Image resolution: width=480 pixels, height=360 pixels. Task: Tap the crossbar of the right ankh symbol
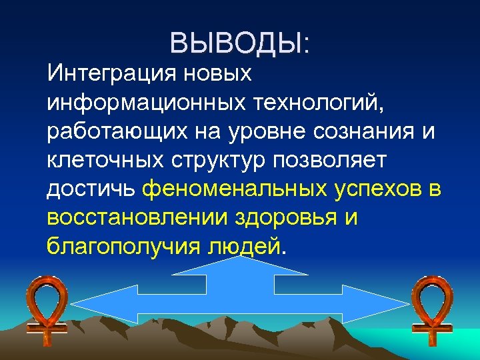432,329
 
